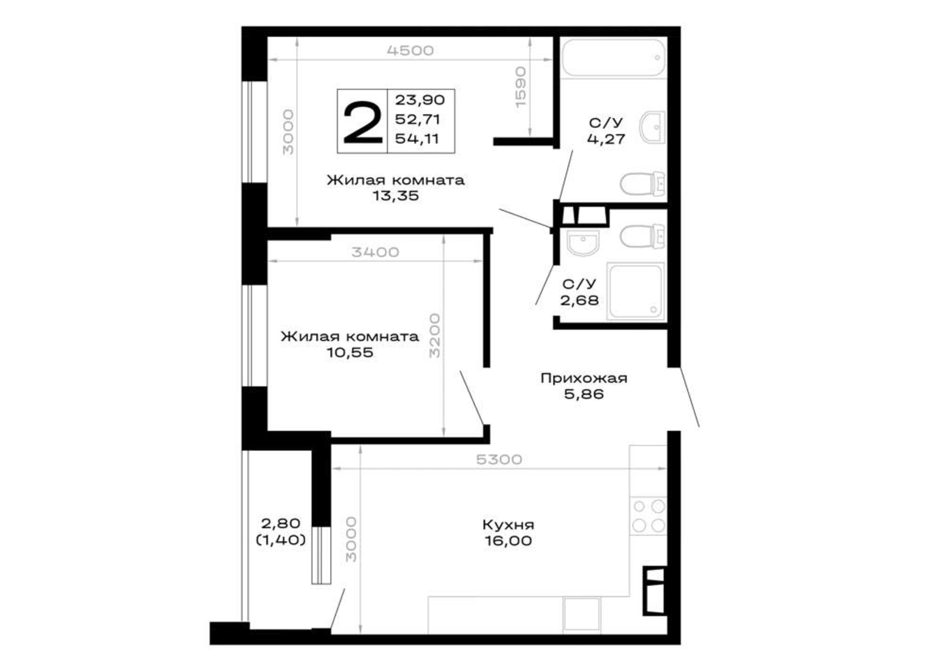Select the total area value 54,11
point(417,139)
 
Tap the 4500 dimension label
point(410,51)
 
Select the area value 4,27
point(606,139)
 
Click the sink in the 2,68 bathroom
point(583,243)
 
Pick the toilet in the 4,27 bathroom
point(643,183)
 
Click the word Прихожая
point(584,378)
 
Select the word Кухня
point(508,525)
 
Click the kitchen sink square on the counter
point(582,614)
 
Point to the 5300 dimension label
point(499,460)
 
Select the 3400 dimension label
point(375,252)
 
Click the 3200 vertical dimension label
point(435,335)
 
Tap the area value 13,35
point(396,196)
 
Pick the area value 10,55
point(350,352)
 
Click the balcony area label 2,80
point(280,523)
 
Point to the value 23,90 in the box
point(420,100)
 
